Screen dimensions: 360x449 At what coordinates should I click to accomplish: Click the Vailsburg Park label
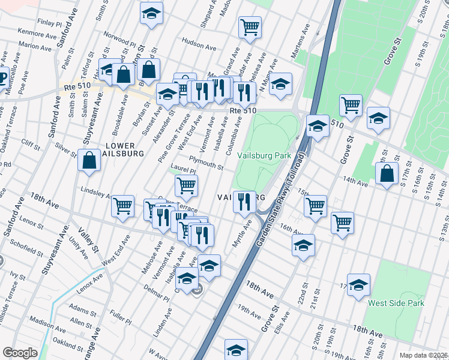pos(264,155)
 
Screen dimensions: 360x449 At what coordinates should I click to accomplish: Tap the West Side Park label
pos(396,303)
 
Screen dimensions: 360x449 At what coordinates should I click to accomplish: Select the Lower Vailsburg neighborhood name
pos(124,149)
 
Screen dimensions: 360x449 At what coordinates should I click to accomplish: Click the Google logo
pos(20,353)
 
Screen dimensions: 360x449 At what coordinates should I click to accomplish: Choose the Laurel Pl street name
pos(179,171)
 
